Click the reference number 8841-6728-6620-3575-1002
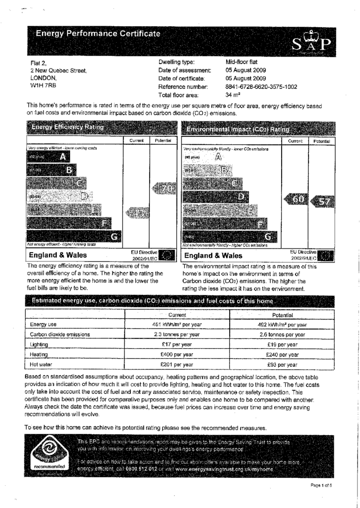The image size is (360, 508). (261, 86)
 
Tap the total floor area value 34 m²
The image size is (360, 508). (233, 95)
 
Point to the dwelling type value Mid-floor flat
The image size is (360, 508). (241, 62)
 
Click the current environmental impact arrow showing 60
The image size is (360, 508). (296, 199)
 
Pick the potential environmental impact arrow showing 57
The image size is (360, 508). (322, 201)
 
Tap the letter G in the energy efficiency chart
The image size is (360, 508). (115, 236)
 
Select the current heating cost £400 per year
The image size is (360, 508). (177, 355)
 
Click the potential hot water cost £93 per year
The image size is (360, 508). (283, 365)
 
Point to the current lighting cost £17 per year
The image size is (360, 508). (177, 344)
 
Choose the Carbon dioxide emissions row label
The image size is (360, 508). (60, 334)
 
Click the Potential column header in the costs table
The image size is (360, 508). (283, 315)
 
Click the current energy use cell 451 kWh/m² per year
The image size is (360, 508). (177, 324)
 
